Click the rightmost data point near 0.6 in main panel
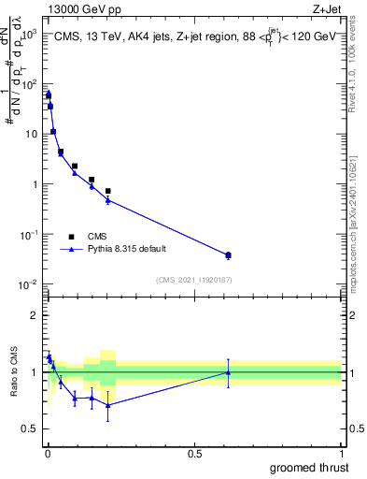(229, 254)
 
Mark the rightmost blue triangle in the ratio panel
(229, 371)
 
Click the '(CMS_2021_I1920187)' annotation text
(193, 279)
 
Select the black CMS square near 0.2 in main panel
(108, 191)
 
